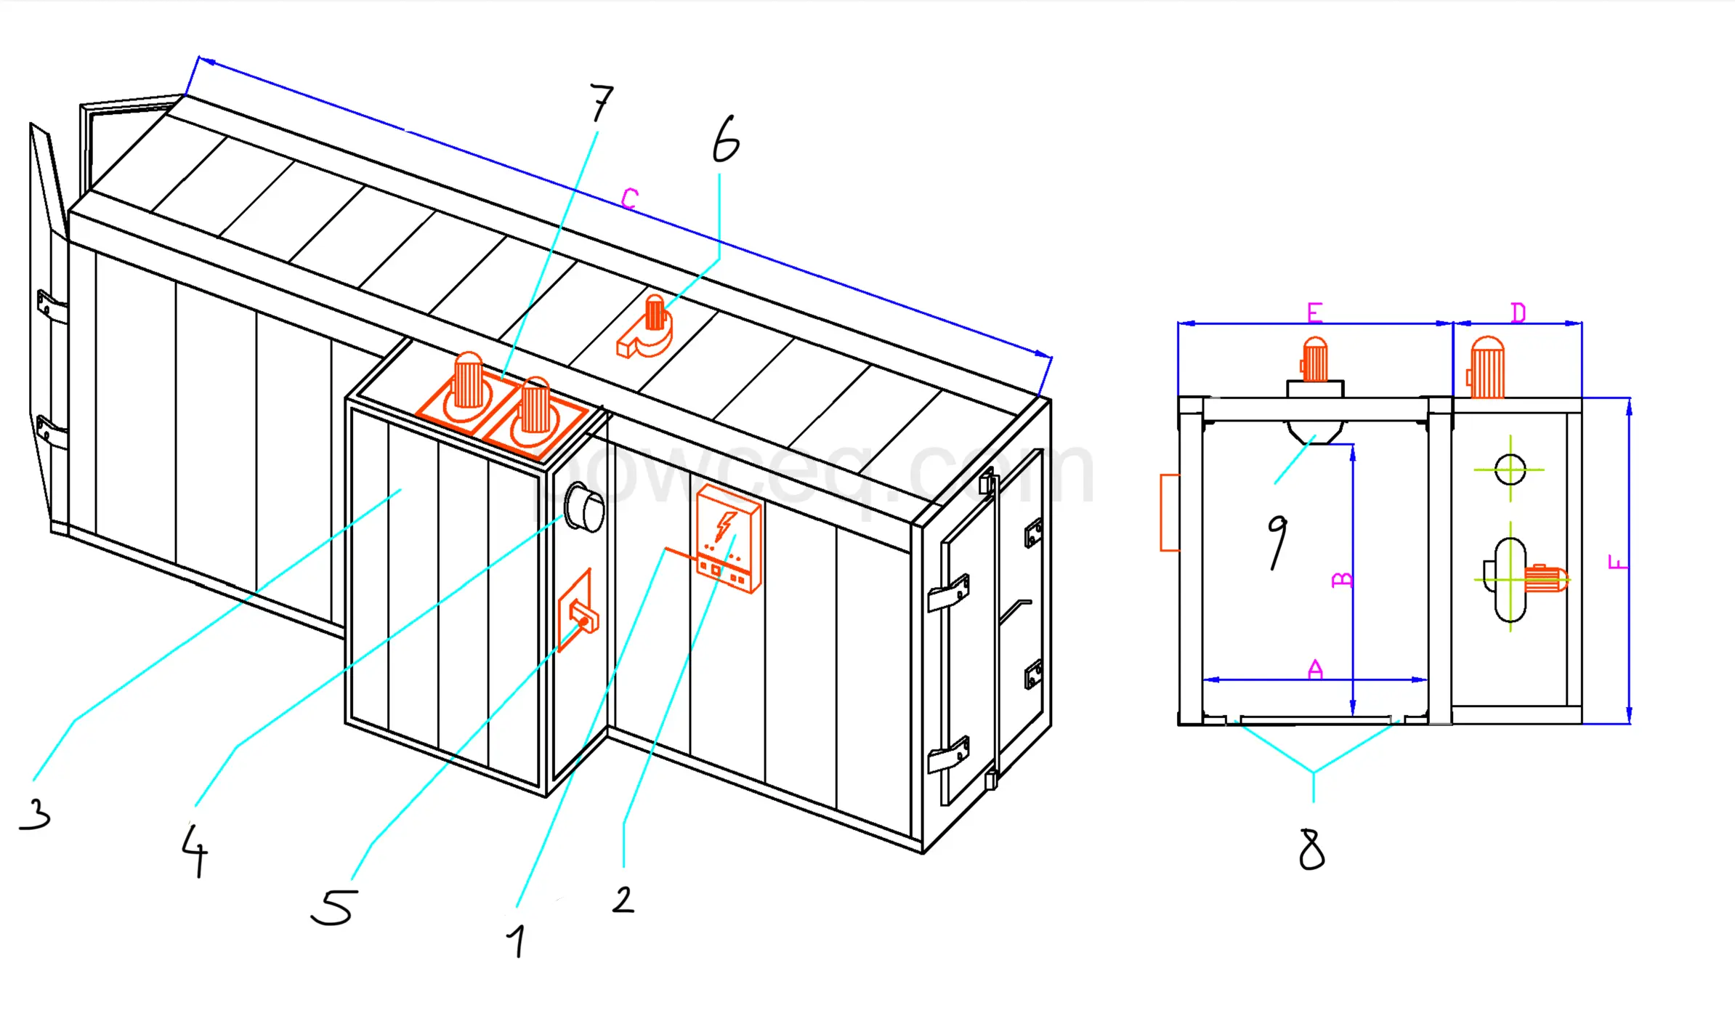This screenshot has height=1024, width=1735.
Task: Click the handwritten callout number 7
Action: [601, 103]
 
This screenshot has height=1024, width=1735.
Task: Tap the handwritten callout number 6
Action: [726, 140]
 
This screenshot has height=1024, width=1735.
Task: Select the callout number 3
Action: [36, 813]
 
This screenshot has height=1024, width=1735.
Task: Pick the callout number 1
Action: [517, 941]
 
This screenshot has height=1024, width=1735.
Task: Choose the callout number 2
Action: [623, 900]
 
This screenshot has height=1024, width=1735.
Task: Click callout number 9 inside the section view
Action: [1277, 541]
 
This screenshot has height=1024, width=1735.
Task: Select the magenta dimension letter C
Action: [629, 198]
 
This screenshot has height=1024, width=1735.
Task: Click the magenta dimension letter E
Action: [1314, 313]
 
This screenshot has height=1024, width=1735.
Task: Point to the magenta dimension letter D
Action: [1518, 313]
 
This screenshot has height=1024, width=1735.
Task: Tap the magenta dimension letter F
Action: [1617, 562]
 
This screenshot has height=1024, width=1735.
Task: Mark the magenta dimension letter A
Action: [1315, 669]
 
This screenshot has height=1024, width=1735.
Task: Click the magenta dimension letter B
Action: [1342, 579]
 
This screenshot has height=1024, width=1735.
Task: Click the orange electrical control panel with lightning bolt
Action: [729, 539]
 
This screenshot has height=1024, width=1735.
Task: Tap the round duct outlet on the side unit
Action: [586, 508]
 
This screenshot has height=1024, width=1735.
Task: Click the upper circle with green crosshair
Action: [1510, 469]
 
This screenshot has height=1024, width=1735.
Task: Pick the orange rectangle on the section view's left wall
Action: [1169, 512]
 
